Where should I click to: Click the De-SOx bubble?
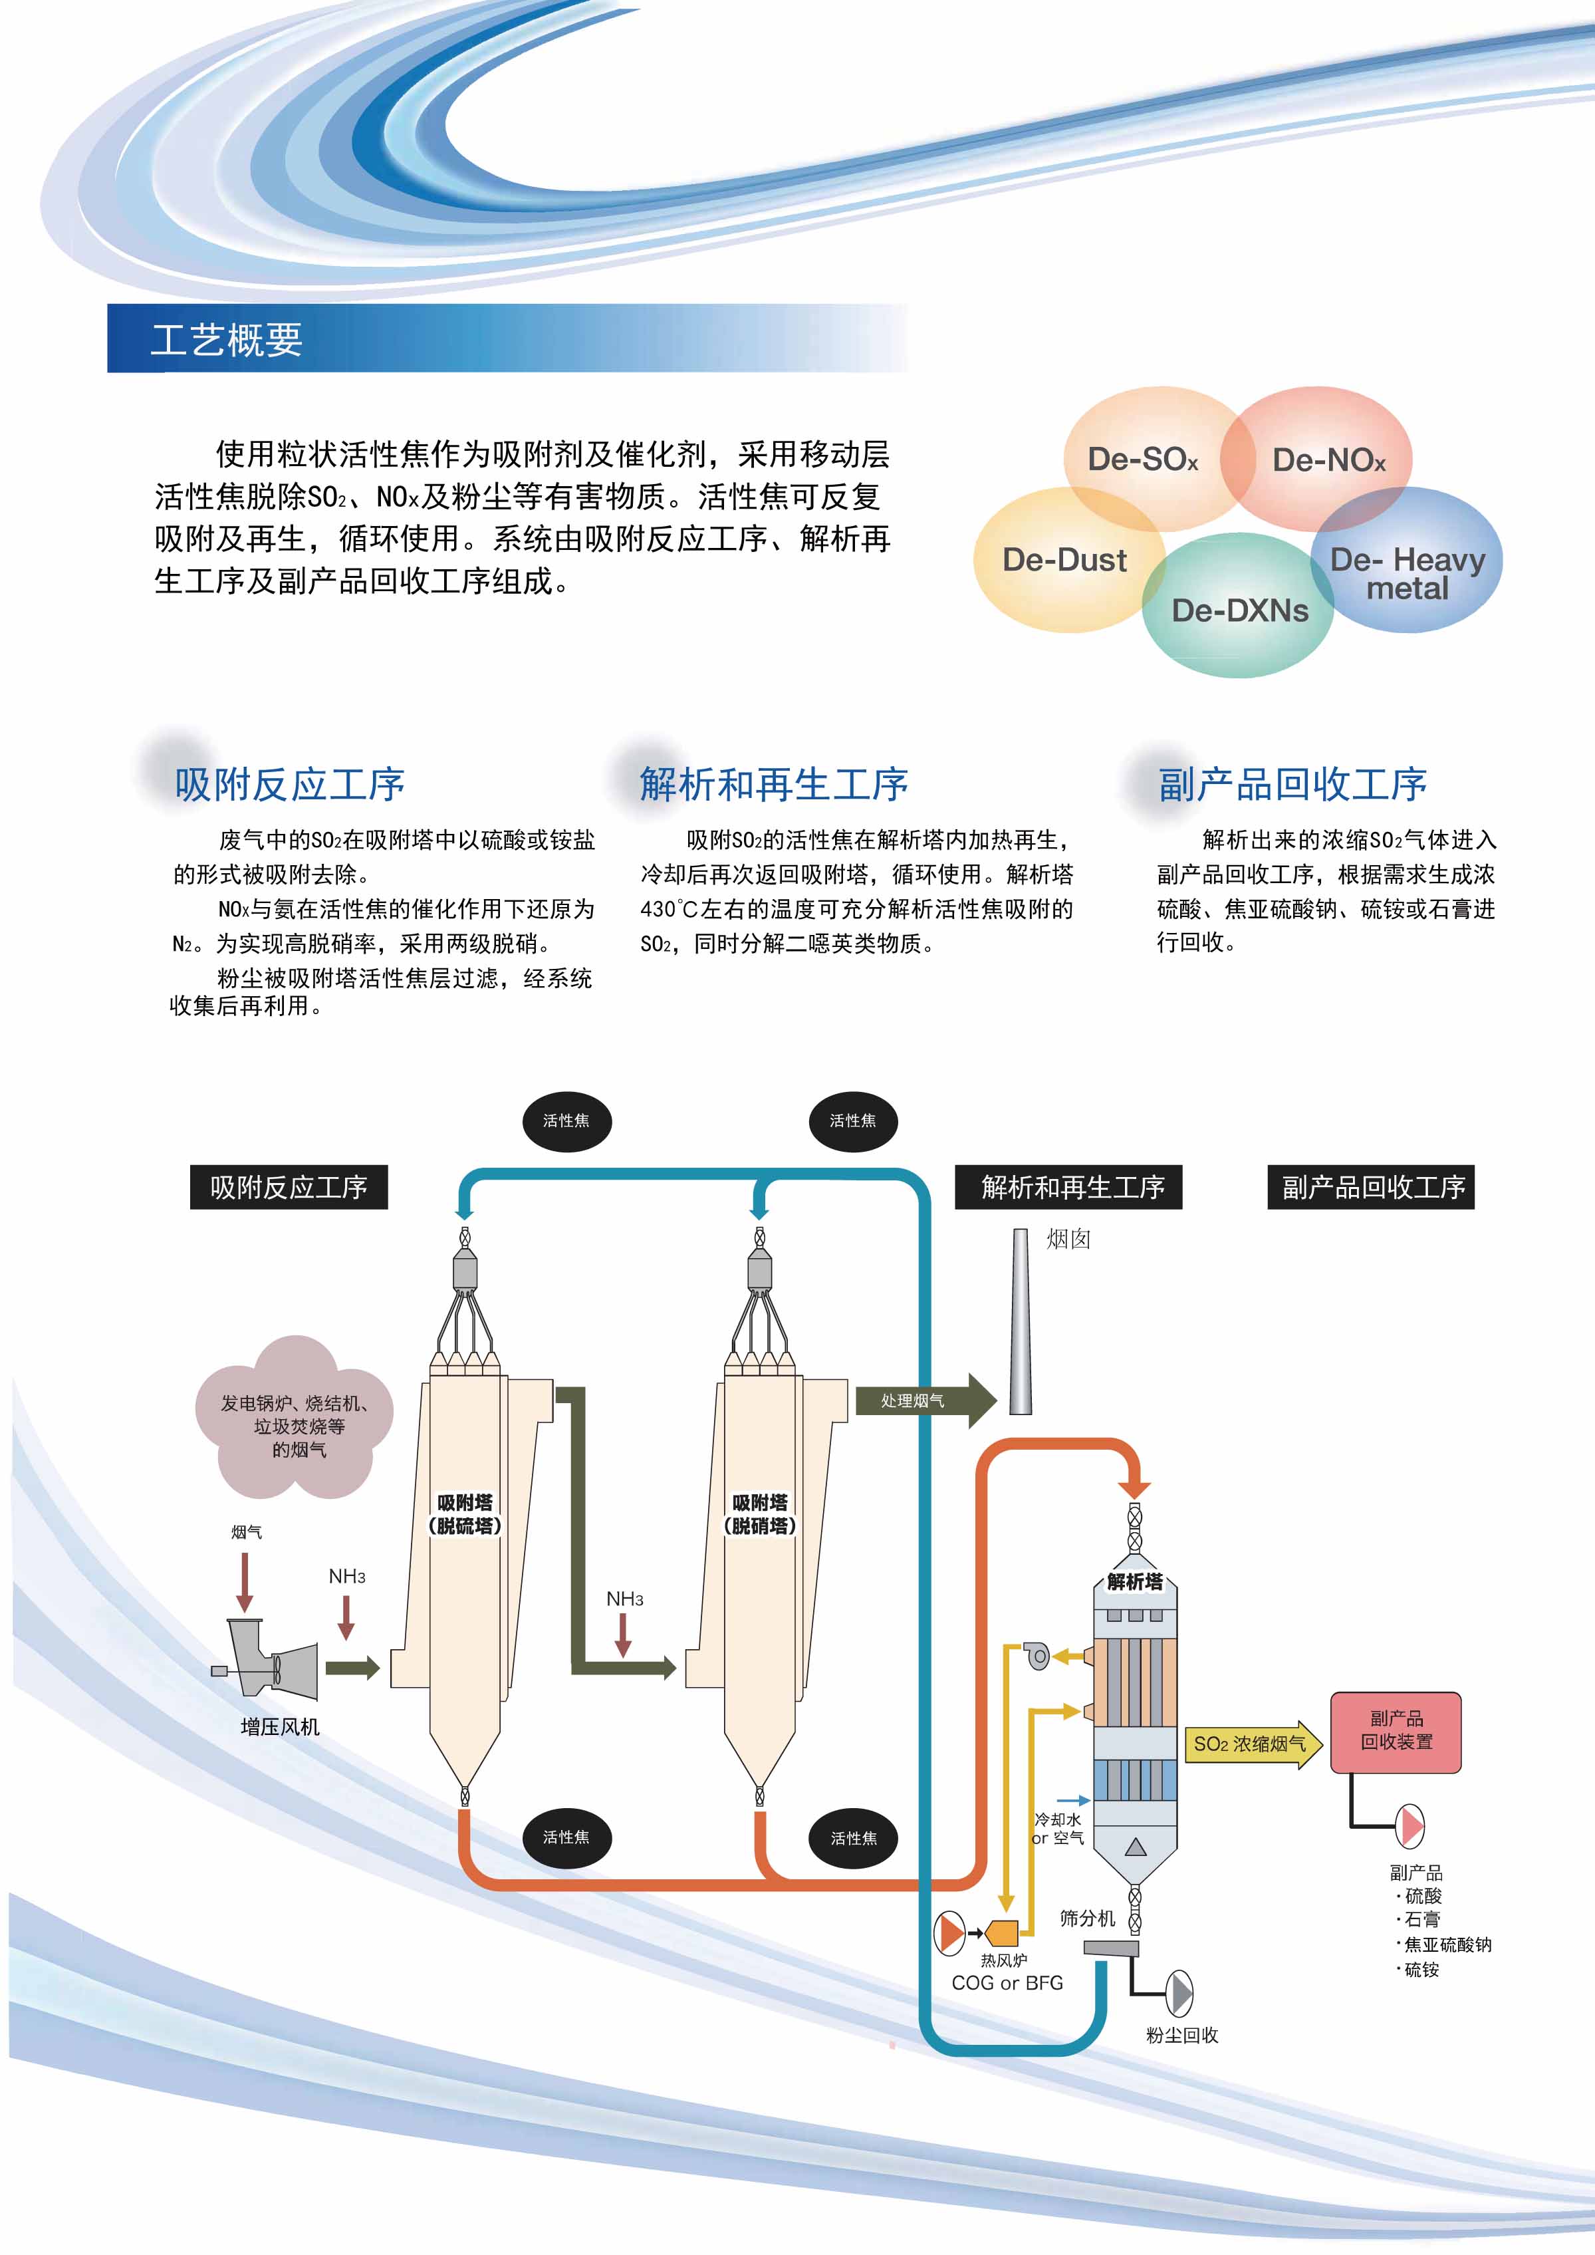coord(1142,459)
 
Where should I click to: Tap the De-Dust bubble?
coord(1064,560)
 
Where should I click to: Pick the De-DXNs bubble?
coord(1239,610)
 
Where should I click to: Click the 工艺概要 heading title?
coord(227,340)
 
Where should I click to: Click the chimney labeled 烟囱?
coord(1021,1321)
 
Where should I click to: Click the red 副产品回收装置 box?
coord(1396,1732)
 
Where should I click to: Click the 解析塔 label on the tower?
coord(1134,1581)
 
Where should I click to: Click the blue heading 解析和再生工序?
coord(773,784)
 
